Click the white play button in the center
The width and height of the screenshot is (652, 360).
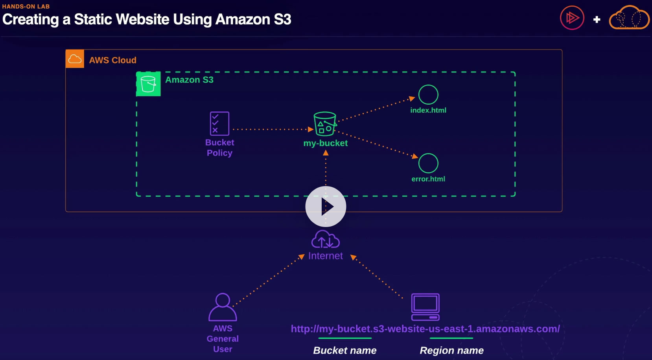pos(326,207)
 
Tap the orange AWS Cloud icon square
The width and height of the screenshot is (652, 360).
pos(75,59)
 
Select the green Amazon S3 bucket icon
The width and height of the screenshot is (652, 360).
pos(148,84)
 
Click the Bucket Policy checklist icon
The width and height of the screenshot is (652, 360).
pos(219,124)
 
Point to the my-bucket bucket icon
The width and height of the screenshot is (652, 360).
pos(325,124)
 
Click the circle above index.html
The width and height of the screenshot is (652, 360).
pos(428,95)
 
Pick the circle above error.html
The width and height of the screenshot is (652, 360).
pos(428,163)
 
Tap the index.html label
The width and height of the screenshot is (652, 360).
pos(428,111)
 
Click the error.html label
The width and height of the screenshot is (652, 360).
pos(428,179)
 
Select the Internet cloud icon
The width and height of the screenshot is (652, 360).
pos(326,240)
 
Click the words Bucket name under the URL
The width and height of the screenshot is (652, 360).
pos(345,351)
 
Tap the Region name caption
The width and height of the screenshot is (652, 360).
pos(451,351)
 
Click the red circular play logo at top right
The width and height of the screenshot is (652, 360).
pos(572,18)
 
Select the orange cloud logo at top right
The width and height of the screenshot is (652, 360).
pos(629,18)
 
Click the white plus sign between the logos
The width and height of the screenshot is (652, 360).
pos(597,19)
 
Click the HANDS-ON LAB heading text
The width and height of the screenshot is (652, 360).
pos(26,7)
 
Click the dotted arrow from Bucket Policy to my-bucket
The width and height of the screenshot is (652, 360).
pos(271,129)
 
